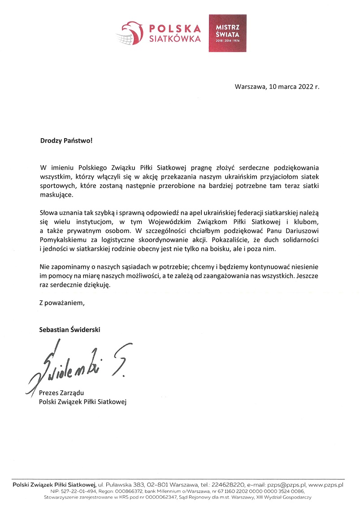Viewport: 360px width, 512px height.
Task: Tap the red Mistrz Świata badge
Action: coord(227,33)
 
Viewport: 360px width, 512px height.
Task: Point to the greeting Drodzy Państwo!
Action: coord(66,140)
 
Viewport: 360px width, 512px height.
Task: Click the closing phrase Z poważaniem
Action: coord(62,303)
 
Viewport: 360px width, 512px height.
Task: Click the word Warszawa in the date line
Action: coord(249,87)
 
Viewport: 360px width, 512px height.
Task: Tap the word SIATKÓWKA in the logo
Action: coord(175,39)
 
